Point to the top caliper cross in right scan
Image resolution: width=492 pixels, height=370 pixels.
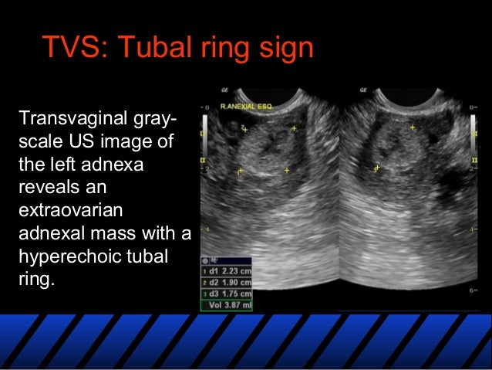coord(413,127)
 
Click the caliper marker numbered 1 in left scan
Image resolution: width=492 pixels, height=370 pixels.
coord(241,170)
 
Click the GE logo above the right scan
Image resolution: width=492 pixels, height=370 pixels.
coord(362,90)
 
